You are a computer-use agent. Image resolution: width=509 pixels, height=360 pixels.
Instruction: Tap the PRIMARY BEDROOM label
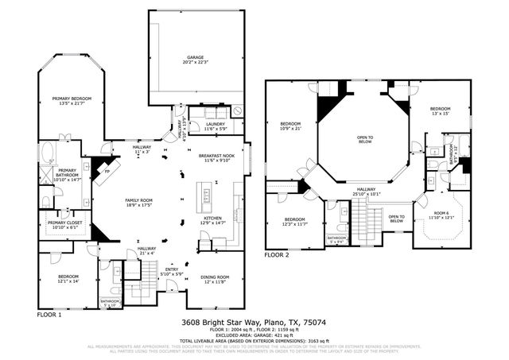tap(72, 101)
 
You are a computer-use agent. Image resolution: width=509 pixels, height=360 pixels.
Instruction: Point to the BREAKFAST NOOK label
tap(216, 157)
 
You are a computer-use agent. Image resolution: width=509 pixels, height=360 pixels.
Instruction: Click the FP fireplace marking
tap(107, 172)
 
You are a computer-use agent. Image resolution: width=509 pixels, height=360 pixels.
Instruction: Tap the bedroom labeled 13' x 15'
tap(441, 110)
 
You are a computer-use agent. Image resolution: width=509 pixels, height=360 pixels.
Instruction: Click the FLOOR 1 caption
tap(49, 314)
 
